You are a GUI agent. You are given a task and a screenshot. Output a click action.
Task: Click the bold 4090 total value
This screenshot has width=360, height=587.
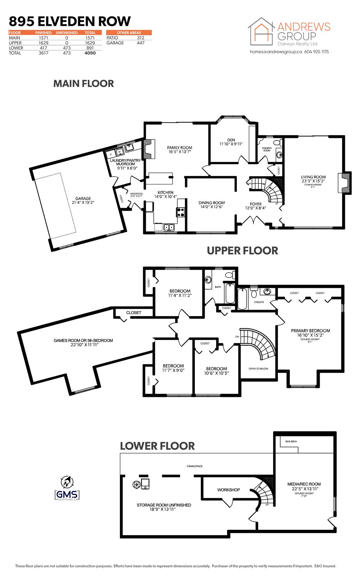pyautogui.click(x=90, y=53)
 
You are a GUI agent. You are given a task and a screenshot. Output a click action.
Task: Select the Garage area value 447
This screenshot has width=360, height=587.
pyautogui.click(x=140, y=43)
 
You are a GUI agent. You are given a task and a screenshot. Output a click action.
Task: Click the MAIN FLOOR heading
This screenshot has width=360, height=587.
pyautogui.click(x=84, y=84)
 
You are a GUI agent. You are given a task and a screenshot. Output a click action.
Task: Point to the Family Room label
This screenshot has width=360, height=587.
pyautogui.click(x=180, y=148)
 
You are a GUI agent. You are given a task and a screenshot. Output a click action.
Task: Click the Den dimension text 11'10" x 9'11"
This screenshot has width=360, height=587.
pyautogui.click(x=231, y=144)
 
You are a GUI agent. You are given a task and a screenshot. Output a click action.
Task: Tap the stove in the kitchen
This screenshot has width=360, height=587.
pyautogui.click(x=180, y=212)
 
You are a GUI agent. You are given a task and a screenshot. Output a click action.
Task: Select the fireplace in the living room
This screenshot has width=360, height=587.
pyautogui.click(x=345, y=183)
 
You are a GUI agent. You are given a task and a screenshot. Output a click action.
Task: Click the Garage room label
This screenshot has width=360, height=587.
pyautogui.click(x=83, y=198)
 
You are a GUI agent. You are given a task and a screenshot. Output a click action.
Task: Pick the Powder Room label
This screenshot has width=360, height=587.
pyautogui.click(x=267, y=149)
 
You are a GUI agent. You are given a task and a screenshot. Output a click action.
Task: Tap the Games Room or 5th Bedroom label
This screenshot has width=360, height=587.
pyautogui.click(x=83, y=340)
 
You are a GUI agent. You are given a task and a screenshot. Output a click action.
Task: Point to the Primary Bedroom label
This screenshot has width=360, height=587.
pyautogui.click(x=310, y=331)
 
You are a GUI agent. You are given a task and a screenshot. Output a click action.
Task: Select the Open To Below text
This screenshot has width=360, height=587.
pyautogui.click(x=258, y=369)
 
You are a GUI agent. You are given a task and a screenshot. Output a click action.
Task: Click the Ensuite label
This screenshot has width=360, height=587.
pyautogui.click(x=259, y=302)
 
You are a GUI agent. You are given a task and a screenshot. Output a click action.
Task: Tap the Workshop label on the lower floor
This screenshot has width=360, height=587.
pyautogui.click(x=228, y=490)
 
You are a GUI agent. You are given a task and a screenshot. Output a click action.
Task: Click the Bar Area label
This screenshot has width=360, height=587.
pyautogui.click(x=291, y=442)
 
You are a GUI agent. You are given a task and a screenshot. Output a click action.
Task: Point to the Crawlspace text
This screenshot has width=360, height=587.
pyautogui.click(x=194, y=466)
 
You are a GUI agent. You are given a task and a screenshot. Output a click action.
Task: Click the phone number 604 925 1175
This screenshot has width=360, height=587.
pyautogui.click(x=316, y=52)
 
